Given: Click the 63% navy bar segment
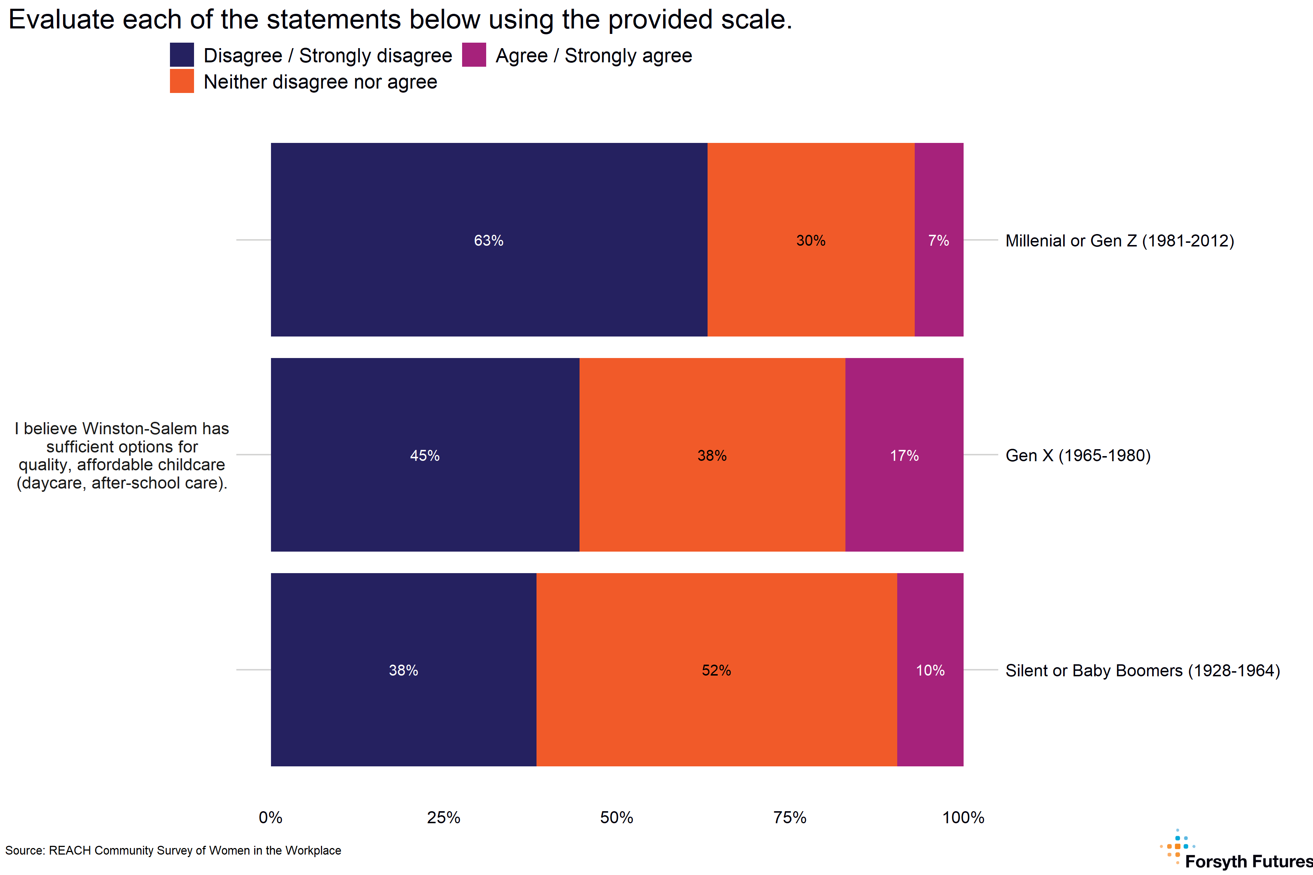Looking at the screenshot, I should pos(489,240).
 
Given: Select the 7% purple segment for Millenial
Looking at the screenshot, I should pos(938,240).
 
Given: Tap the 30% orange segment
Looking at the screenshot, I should pos(810,240).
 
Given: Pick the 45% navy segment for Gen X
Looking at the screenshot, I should pos(425,455).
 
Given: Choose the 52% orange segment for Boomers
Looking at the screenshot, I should pos(716,670).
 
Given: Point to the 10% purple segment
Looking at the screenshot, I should pos(930,670).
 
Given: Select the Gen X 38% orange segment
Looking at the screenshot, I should pos(712,455).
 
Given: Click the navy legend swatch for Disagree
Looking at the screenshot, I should pos(182,55).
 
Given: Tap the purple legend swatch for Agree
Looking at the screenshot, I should pos(474,55).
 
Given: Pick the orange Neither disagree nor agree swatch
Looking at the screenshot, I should pos(182,81).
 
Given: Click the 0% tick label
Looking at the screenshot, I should pos(271,817).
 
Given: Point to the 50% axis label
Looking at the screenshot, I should pos(617,817).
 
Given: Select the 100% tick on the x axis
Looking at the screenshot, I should pos(963,817).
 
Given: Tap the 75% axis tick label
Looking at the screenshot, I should pos(790,817).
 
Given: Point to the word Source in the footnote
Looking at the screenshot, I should pos(24,851).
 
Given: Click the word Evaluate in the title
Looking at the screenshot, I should pos(61,20).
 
